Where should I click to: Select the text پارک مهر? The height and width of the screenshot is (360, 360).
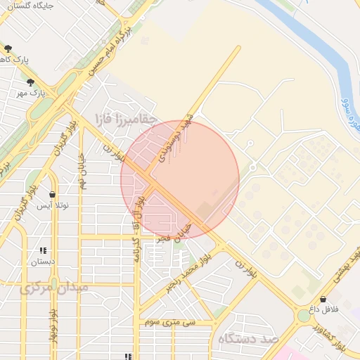tap(32, 93)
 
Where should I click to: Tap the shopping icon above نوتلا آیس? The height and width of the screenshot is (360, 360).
tap(52, 194)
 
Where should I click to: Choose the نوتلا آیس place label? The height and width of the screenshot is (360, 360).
tap(53, 205)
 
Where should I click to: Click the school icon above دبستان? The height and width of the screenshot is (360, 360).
tap(43, 250)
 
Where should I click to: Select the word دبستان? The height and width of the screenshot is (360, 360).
tap(42, 262)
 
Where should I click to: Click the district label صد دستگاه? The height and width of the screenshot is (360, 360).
tap(249, 339)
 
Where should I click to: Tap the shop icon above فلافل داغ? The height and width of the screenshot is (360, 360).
tap(323, 299)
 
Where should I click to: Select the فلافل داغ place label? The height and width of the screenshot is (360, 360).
tap(324, 309)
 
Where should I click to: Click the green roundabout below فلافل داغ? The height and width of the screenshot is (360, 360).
tap(303, 316)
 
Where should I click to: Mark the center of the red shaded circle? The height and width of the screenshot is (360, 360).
tap(180, 179)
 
